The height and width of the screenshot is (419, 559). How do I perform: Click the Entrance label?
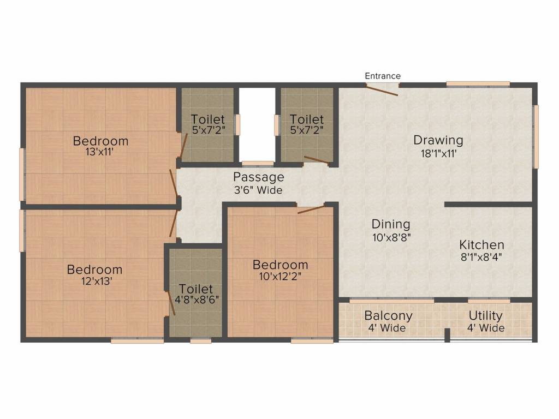point(383,76)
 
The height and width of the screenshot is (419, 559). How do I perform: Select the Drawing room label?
point(438,140)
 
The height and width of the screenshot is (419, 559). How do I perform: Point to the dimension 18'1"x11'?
point(438,153)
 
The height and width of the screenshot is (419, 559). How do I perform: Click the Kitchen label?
point(481,245)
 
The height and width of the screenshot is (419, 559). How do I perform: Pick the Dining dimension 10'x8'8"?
point(391,237)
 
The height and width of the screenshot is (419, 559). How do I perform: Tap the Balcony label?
point(388,316)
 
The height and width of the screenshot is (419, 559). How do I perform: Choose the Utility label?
point(485,316)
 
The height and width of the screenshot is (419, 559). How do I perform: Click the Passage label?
point(259,177)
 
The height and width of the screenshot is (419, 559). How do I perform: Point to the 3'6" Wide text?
point(258,190)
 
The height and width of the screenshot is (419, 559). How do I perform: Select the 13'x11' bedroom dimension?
point(100,153)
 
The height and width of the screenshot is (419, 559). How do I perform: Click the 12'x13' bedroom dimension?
point(94,282)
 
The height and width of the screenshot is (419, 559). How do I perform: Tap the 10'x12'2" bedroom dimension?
point(280,277)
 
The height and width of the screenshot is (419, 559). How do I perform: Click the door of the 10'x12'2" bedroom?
point(311,209)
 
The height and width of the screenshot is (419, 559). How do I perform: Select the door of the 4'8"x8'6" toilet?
point(171,303)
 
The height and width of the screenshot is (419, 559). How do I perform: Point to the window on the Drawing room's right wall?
point(536,136)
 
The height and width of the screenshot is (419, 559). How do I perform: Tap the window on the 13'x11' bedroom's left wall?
point(22,174)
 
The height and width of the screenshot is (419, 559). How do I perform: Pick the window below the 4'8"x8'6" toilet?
point(200,341)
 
